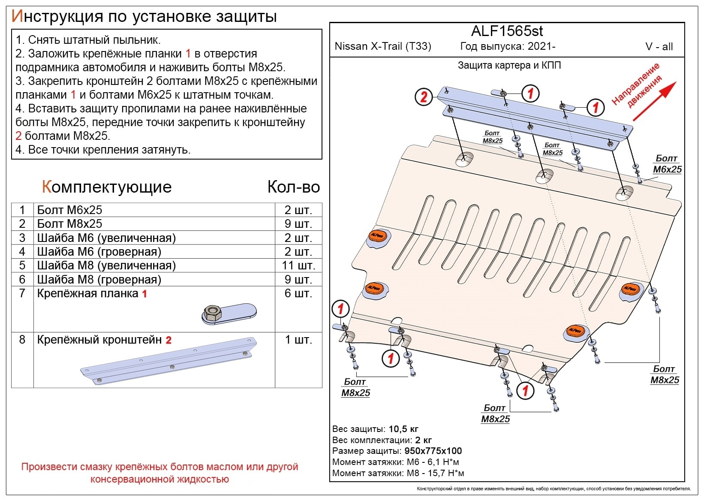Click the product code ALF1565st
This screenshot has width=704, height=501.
pyautogui.click(x=507, y=31)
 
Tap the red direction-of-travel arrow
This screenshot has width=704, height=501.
pyautogui.click(x=654, y=101)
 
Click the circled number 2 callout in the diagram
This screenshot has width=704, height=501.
pyautogui.click(x=424, y=97)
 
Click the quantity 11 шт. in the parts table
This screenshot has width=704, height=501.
pyautogui.click(x=298, y=266)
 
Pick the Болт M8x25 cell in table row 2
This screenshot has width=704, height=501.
pyautogui.click(x=69, y=224)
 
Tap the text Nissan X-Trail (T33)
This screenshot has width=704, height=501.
pyautogui.click(x=382, y=46)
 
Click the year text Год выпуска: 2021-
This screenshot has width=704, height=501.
pyautogui.click(x=508, y=46)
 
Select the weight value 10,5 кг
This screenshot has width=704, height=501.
pyautogui.click(x=403, y=429)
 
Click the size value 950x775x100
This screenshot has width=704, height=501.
pyautogui.click(x=433, y=451)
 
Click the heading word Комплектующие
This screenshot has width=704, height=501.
pyautogui.click(x=107, y=187)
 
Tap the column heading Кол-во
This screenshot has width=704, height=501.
pyautogui.click(x=294, y=187)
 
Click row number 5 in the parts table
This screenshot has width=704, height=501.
pyautogui.click(x=22, y=266)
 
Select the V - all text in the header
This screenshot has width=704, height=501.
pyautogui.click(x=659, y=47)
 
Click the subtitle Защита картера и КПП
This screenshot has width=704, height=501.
pyautogui.click(x=509, y=66)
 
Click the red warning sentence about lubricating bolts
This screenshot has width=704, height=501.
pyautogui.click(x=159, y=473)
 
